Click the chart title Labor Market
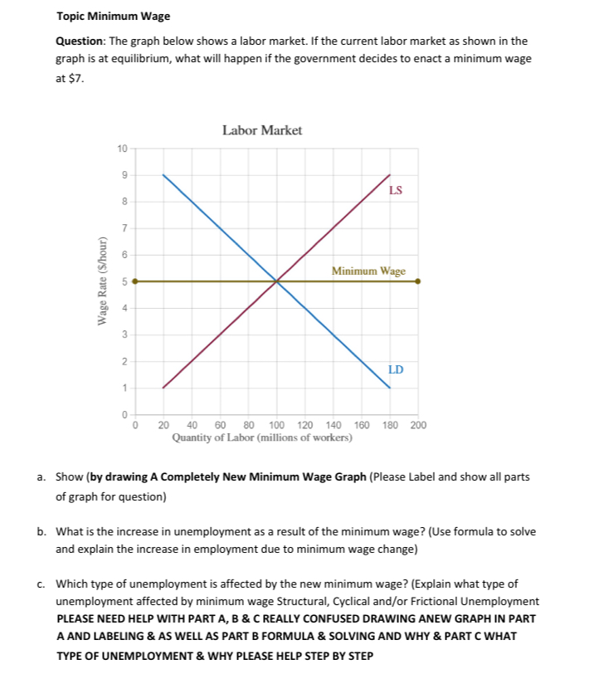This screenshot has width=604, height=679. click(262, 130)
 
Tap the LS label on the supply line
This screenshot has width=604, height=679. click(396, 190)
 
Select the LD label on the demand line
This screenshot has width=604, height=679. click(396, 369)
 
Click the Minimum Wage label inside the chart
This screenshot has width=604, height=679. click(368, 271)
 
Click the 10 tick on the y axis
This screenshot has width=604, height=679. click(122, 149)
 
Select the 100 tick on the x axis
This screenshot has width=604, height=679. click(276, 425)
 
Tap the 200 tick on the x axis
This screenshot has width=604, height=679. click(417, 425)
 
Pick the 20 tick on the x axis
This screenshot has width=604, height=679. click(163, 425)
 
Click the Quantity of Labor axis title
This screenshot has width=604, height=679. click(261, 437)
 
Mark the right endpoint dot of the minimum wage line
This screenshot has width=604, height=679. click(417, 281)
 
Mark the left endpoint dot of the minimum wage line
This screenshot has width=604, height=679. click(135, 281)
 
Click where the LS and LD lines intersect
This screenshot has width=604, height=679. click(276, 281)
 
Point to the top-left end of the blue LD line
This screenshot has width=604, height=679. click(163, 175)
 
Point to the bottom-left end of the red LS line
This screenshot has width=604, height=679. click(163, 388)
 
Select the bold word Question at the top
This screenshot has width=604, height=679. click(79, 41)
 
